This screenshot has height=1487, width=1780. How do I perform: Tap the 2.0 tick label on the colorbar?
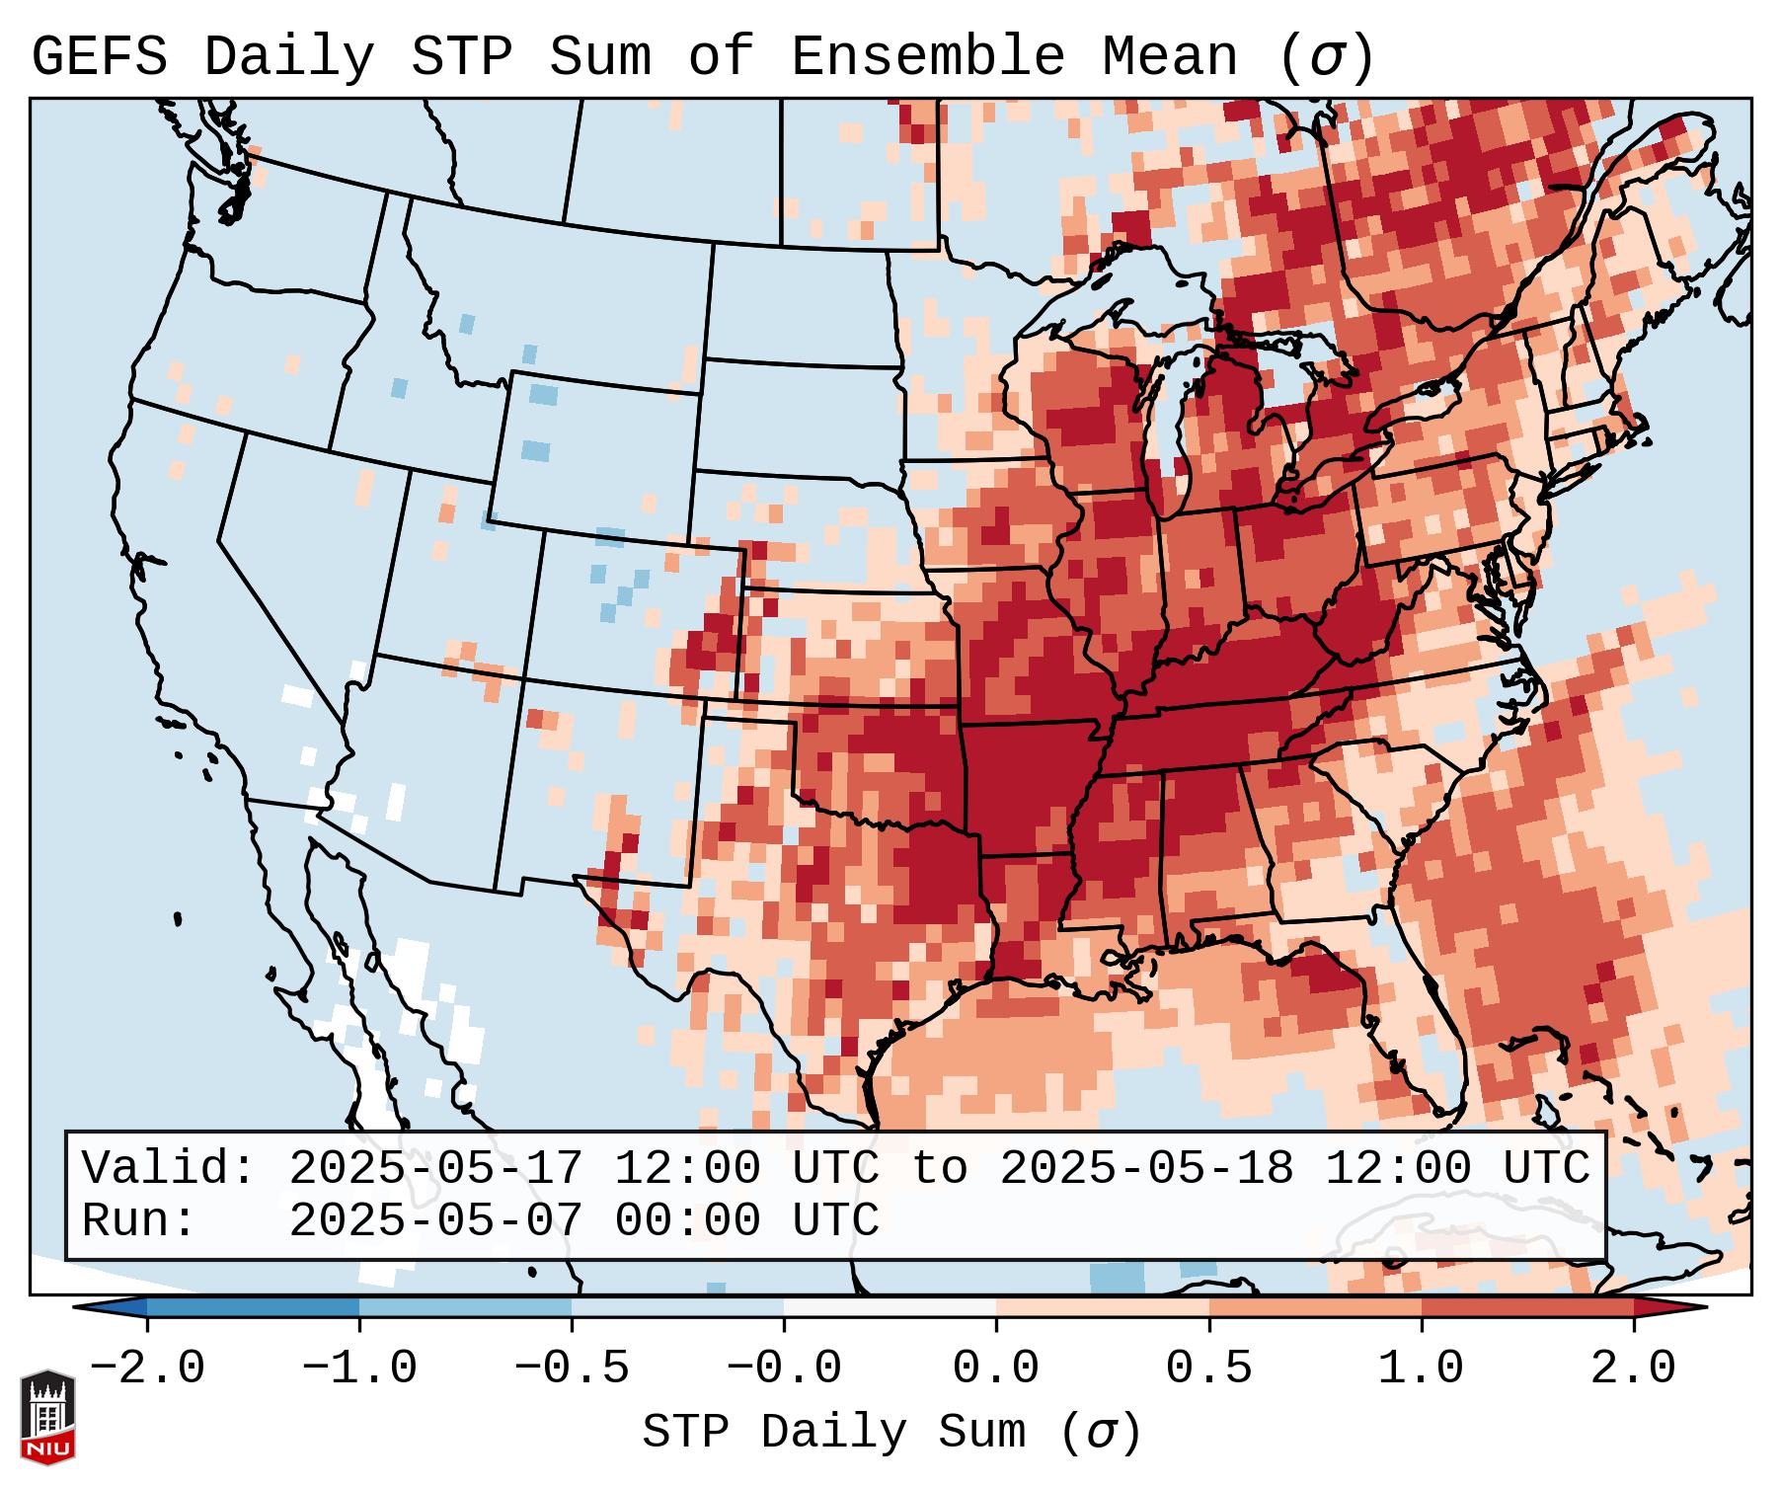point(1633,1369)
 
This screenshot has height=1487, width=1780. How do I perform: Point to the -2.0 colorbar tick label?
point(147,1369)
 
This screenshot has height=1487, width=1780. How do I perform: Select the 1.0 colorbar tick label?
point(1421,1369)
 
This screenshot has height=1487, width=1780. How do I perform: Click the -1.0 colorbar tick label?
point(359,1369)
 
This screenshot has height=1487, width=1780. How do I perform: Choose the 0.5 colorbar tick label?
point(1208,1369)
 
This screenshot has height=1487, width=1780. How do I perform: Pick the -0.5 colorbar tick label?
point(572,1369)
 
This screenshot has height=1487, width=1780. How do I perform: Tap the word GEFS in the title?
point(100,57)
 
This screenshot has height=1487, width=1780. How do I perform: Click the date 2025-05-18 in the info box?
point(1146,1168)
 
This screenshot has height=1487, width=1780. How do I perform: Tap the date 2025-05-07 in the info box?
point(435,1220)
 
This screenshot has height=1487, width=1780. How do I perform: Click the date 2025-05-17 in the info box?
point(435,1168)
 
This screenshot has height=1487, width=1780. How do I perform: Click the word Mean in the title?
point(1169,57)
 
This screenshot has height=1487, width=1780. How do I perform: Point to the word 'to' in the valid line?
point(939,1168)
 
